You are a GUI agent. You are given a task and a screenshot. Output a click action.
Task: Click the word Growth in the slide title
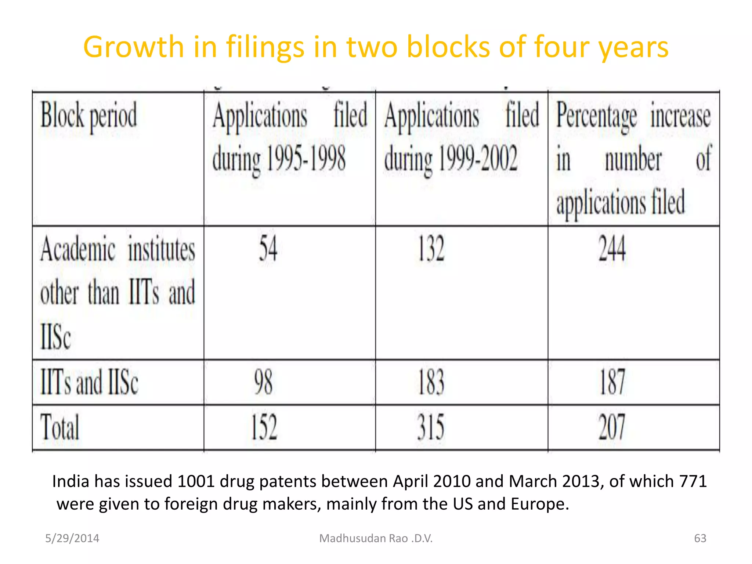coord(133,48)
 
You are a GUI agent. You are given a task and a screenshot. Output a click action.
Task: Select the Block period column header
coord(89,116)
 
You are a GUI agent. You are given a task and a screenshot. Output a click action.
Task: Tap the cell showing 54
coord(268,249)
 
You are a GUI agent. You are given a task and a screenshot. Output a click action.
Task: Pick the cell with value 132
coord(431,249)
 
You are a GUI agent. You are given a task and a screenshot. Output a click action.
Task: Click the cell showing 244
coord(612,249)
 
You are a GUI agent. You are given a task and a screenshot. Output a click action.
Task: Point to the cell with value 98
coord(264,382)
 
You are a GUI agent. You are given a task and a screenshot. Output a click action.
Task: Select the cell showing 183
coord(431,382)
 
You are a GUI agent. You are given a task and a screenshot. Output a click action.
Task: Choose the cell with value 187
coord(612,382)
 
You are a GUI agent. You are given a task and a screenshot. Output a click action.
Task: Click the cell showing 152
coord(264,427)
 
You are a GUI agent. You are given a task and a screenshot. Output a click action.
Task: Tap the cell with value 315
coord(431,427)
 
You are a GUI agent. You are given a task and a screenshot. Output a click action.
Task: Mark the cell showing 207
coord(612,427)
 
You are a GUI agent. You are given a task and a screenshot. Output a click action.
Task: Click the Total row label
coord(60,427)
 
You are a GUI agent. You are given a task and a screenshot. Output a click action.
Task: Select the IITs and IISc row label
coord(89,382)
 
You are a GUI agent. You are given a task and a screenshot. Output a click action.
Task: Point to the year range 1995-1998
coord(306,158)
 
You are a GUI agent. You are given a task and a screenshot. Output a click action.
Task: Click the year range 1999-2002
coord(478,158)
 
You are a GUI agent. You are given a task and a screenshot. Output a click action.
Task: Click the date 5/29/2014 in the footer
coord(72,538)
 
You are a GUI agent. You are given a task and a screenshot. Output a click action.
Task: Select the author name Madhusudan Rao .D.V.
coord(376,538)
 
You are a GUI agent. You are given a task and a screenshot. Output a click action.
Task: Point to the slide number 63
coord(700,538)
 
